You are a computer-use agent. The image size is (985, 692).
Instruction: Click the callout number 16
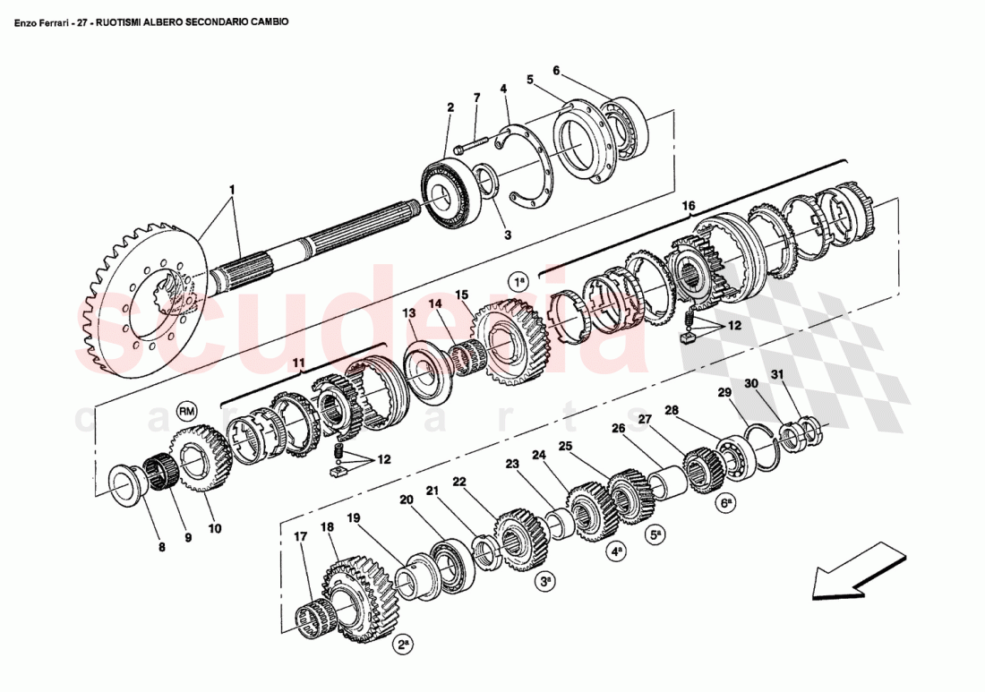(x=689, y=205)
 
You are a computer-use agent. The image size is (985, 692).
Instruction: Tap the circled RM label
(x=186, y=411)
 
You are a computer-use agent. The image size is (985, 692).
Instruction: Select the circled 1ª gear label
(x=520, y=281)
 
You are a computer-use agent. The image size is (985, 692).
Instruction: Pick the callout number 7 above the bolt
(x=477, y=97)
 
